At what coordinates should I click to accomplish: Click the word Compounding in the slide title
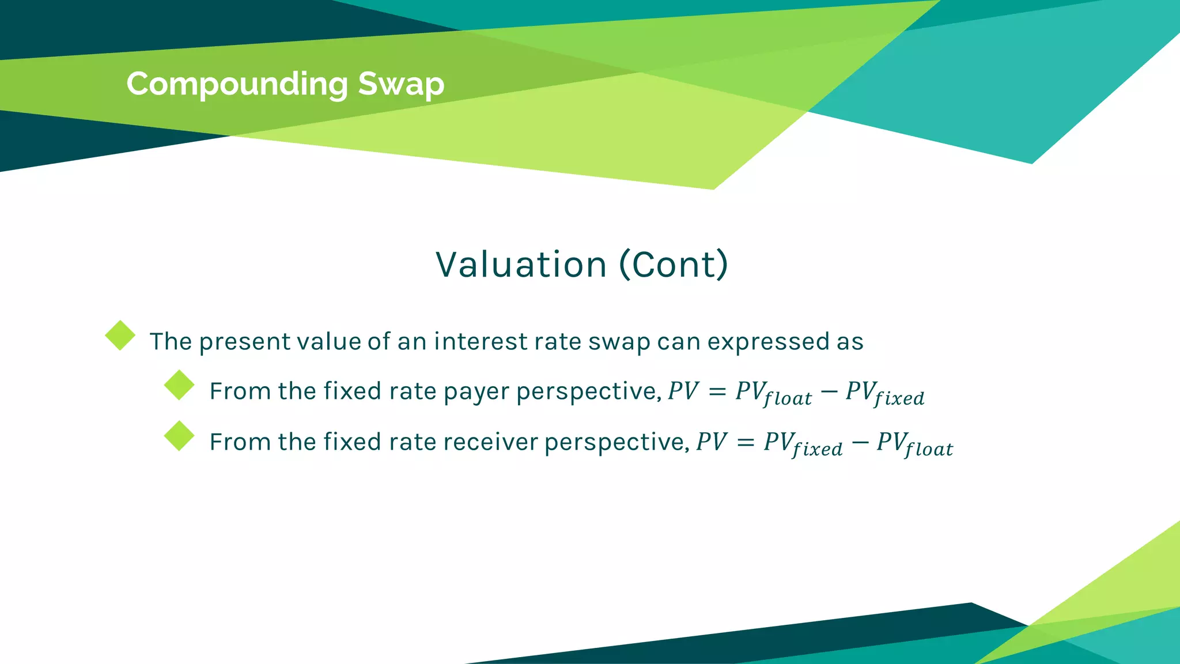(x=237, y=85)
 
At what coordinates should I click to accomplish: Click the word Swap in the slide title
(x=401, y=85)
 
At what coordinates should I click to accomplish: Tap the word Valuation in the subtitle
(x=521, y=265)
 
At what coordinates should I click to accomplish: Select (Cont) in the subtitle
(x=674, y=265)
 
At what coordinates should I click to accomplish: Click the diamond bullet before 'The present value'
(x=120, y=335)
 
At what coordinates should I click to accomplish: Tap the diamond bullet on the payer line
(x=179, y=385)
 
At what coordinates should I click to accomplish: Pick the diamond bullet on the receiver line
(x=179, y=436)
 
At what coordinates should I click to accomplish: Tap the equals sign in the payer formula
(x=717, y=392)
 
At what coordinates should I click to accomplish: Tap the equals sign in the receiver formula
(x=746, y=443)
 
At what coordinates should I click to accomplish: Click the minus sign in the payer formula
(x=829, y=392)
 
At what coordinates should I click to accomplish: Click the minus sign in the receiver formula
(x=860, y=443)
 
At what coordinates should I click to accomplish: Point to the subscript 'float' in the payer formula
(x=788, y=398)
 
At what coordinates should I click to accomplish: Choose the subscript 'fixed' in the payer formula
(x=899, y=398)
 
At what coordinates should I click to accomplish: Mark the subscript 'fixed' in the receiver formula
(x=817, y=449)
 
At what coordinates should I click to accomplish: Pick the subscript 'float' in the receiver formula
(x=929, y=449)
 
